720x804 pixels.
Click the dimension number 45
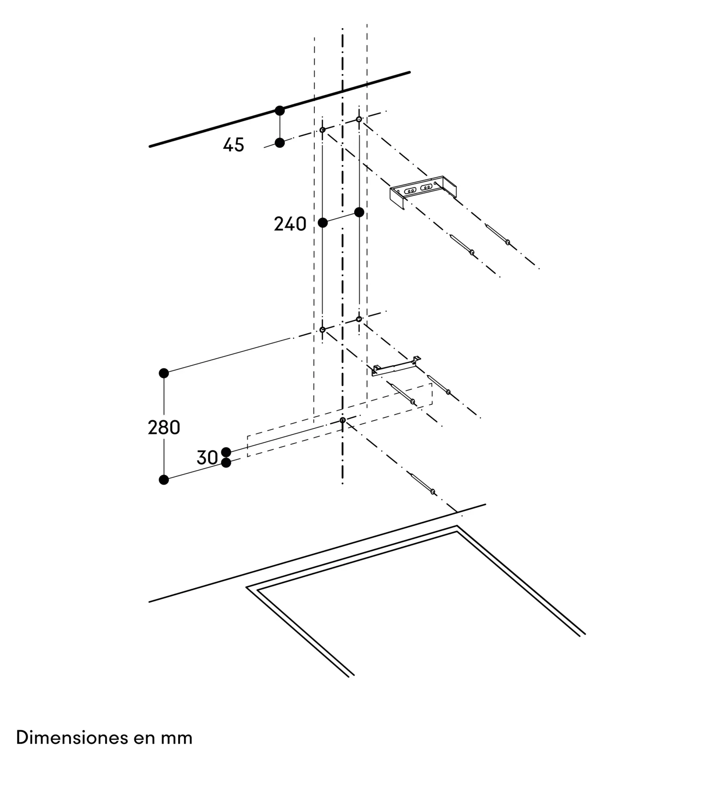pyautogui.click(x=233, y=145)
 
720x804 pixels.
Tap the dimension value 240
pyautogui.click(x=290, y=224)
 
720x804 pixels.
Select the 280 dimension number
pyautogui.click(x=164, y=428)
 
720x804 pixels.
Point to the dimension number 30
pyautogui.click(x=207, y=457)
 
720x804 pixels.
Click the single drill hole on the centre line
pyautogui.click(x=343, y=420)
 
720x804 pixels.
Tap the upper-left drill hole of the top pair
pyautogui.click(x=322, y=129)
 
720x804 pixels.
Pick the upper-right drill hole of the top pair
pyautogui.click(x=359, y=119)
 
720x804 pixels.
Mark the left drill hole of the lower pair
pyautogui.click(x=322, y=330)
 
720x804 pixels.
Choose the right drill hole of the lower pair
pyautogui.click(x=359, y=319)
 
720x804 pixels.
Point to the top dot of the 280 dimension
pyautogui.click(x=164, y=373)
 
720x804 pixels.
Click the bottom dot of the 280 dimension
pyautogui.click(x=164, y=480)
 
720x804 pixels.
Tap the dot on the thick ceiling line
pyautogui.click(x=280, y=110)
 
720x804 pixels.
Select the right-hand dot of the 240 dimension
pyautogui.click(x=359, y=212)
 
